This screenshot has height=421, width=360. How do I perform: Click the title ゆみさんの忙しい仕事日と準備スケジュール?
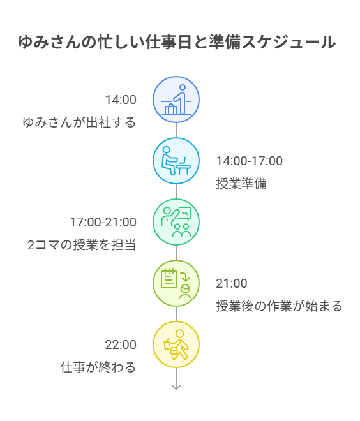[177, 42]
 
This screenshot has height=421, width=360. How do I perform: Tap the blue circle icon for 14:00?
[176, 100]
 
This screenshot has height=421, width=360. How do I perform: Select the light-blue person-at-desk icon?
[176, 161]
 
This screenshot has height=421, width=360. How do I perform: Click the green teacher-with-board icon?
[176, 222]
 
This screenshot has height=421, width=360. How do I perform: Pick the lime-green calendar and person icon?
[176, 283]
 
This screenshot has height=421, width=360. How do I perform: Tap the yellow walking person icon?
[176, 344]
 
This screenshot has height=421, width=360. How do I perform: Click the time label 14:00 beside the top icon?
[121, 100]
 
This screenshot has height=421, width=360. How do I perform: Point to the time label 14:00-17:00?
[250, 161]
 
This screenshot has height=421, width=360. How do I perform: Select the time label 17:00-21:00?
[103, 222]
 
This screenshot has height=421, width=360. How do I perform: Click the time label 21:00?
[232, 283]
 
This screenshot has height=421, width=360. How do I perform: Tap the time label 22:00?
[121, 344]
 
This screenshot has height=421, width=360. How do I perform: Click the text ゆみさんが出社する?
[79, 122]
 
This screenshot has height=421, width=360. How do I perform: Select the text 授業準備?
[241, 184]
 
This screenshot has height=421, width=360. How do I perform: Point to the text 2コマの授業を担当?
[82, 245]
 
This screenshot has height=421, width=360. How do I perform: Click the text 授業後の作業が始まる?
[279, 306]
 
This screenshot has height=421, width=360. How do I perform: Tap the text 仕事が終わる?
[98, 367]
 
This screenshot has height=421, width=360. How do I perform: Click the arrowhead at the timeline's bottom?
[176, 388]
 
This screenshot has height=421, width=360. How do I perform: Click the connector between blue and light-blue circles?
[176, 130]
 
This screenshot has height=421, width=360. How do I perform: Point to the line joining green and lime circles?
[176, 253]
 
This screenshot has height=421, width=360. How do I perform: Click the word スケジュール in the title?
[289, 42]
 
